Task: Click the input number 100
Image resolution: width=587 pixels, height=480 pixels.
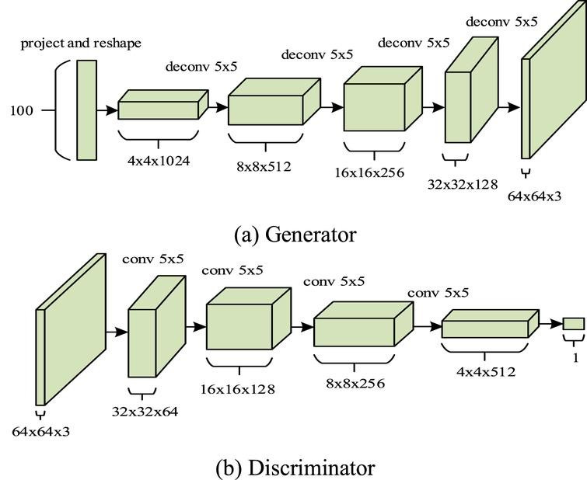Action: coord(22,111)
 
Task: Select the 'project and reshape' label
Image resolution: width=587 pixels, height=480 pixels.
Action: coord(81,43)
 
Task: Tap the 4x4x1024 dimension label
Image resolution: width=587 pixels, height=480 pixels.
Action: coord(159,161)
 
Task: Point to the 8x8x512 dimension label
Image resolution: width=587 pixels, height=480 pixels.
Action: coord(264,166)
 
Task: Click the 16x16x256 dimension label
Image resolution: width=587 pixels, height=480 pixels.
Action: coord(369,172)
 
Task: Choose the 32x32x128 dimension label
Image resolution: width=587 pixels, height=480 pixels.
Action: coord(463,184)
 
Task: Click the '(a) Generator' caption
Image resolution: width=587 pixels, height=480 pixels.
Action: coord(295,235)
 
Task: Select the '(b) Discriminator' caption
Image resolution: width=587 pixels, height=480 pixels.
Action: coord(295,468)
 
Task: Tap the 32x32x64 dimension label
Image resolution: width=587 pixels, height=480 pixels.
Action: coord(145,412)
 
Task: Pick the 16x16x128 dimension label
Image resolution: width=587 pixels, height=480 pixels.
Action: coord(238,389)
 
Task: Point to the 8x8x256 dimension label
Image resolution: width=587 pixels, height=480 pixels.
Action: coord(355,383)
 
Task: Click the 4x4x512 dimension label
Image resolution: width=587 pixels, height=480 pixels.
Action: coord(486,371)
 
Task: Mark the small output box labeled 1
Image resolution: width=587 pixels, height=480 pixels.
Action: coord(574,324)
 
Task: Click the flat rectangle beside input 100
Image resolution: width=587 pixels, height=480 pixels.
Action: coord(87,110)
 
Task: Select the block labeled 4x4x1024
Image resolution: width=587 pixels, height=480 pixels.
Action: coord(162,105)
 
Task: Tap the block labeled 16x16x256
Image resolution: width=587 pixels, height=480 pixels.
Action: coord(383,99)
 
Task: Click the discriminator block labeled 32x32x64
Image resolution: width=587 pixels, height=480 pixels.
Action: coord(157,326)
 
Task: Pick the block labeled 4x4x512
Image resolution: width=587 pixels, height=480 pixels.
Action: coord(490,324)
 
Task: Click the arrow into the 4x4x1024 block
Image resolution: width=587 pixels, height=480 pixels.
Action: coord(107,110)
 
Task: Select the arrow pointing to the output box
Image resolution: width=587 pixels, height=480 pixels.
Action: coord(551,324)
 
